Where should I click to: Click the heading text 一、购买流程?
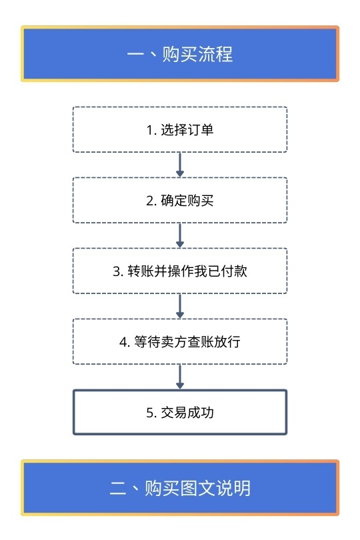(180, 55)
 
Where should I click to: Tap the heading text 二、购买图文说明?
(180, 488)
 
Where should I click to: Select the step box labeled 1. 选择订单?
(180, 129)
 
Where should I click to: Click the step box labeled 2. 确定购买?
(180, 200)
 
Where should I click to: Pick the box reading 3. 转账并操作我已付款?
(180, 271)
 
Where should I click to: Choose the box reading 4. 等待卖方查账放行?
(180, 341)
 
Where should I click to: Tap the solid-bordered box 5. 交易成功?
(180, 412)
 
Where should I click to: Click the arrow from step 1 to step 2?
(180, 165)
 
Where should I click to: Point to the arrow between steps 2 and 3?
(180, 235)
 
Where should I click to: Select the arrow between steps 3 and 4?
(180, 306)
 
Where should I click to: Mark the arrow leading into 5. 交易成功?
(180, 377)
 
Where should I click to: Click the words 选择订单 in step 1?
(187, 130)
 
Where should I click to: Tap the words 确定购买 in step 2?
(187, 201)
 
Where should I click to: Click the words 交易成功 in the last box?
(187, 412)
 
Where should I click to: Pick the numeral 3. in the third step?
(118, 271)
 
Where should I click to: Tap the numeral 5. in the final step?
(151, 413)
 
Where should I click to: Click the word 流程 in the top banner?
(215, 55)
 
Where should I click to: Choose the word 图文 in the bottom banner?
(197, 488)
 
